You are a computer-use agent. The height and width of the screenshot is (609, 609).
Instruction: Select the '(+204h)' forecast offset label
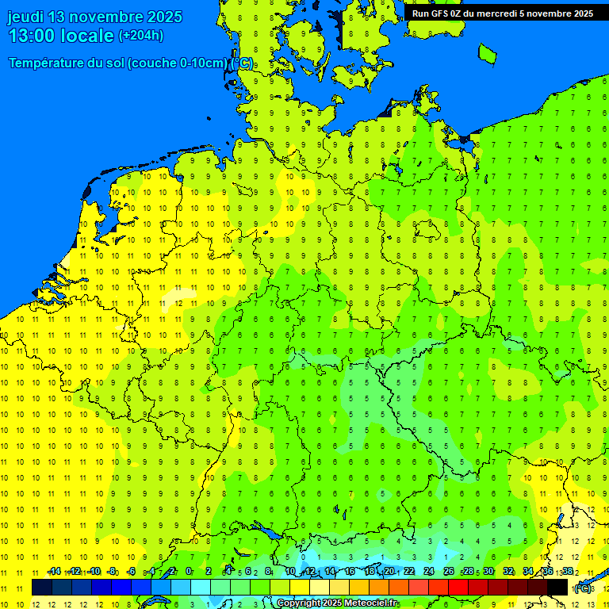point(141,35)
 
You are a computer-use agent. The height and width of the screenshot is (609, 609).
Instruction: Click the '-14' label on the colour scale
point(54,571)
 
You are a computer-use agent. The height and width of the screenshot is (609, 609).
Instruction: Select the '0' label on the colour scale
point(189,571)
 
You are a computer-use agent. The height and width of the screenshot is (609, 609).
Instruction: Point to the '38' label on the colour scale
point(568,571)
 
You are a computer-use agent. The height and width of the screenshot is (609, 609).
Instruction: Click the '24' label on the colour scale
point(429,571)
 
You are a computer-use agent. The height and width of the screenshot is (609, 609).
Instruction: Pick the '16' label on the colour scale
point(350,571)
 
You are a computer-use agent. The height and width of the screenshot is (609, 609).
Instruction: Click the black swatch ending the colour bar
point(557,588)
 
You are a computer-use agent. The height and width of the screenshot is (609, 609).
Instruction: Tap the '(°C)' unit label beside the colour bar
point(582,588)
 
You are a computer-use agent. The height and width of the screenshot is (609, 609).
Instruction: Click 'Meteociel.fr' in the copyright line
point(370,603)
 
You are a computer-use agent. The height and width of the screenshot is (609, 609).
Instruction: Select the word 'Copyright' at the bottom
point(299,603)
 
